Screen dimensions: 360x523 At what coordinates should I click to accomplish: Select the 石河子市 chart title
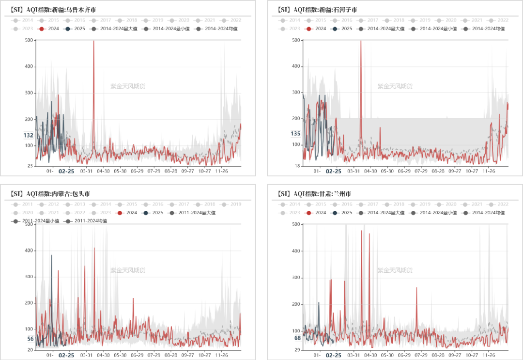317,9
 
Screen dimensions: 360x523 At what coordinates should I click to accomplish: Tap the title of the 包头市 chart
50,194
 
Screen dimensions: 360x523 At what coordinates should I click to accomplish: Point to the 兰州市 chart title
315,194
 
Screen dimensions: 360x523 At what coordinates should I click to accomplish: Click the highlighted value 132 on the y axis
28,135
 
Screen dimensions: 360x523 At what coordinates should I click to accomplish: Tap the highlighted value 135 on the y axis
295,134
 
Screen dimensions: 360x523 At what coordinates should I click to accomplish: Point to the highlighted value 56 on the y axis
30,339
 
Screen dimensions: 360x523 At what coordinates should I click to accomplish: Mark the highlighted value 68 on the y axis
297,338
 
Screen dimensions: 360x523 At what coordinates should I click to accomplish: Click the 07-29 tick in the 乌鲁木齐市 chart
154,171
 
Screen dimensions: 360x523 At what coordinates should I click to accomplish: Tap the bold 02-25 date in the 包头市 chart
67,355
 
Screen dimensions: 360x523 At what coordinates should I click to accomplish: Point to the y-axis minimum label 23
30,166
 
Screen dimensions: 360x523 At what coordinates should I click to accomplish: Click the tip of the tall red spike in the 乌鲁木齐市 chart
93,41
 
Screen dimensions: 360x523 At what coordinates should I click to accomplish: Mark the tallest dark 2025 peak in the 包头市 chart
51,255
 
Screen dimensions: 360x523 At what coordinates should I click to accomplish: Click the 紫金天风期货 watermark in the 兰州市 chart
395,270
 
